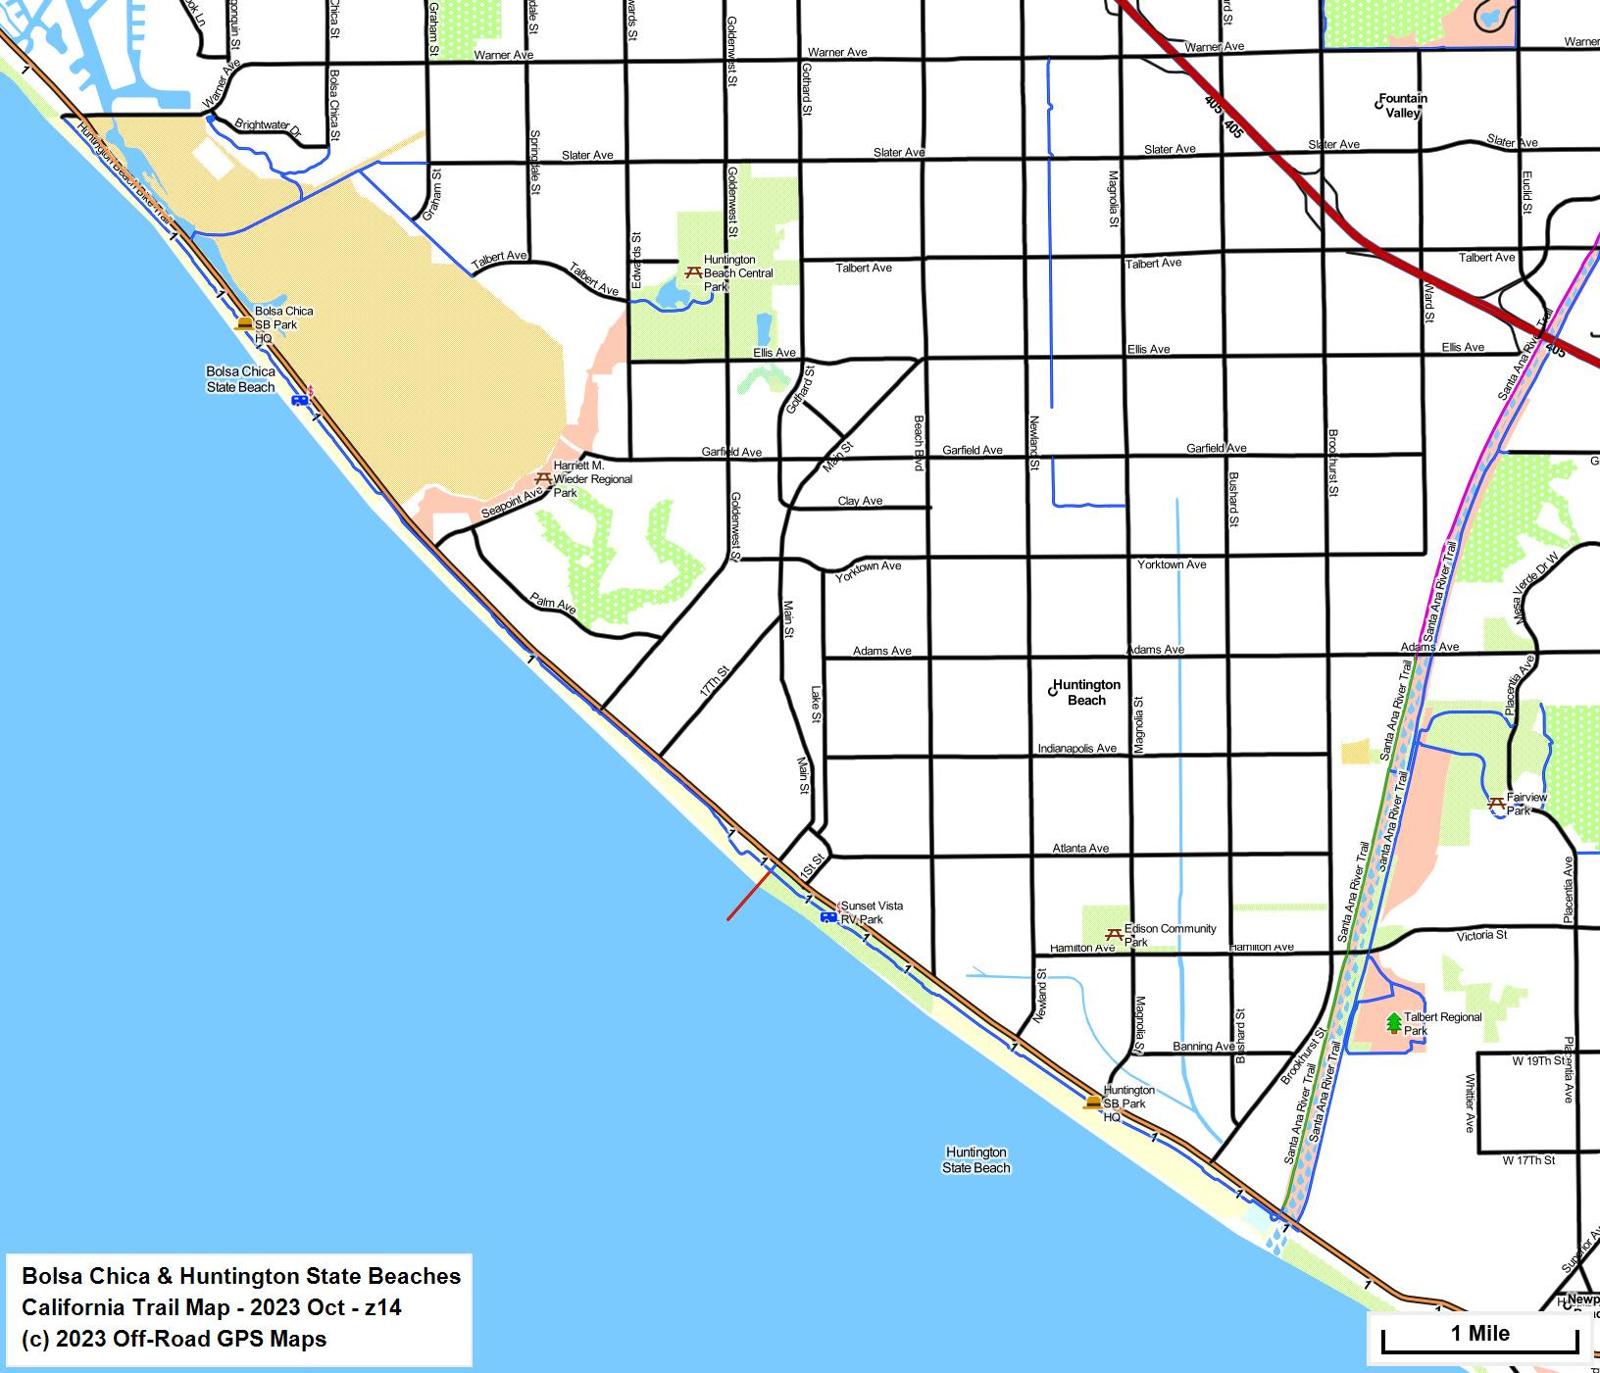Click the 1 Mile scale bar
pyautogui.click(x=1479, y=1335)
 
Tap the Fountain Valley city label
pyautogui.click(x=1402, y=105)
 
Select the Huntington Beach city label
pyautogui.click(x=1085, y=692)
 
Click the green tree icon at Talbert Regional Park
pyautogui.click(x=1393, y=1022)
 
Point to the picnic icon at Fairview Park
pyautogui.click(x=1496, y=804)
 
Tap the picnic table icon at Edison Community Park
pyautogui.click(x=1113, y=935)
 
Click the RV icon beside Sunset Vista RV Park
pyautogui.click(x=828, y=916)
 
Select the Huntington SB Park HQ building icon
pyautogui.click(x=1092, y=1103)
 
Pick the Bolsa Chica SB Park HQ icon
pyautogui.click(x=244, y=322)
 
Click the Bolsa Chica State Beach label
pyautogui.click(x=240, y=379)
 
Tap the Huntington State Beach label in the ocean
pyautogui.click(x=975, y=1159)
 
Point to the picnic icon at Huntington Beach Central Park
pyautogui.click(x=692, y=271)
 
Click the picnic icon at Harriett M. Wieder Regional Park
pyautogui.click(x=542, y=478)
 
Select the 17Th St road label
pyautogui.click(x=714, y=681)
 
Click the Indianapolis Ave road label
pyautogui.click(x=1076, y=748)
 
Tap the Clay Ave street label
pyautogui.click(x=860, y=501)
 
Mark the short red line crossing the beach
pyautogui.click(x=748, y=895)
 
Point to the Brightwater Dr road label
pyautogui.click(x=267, y=125)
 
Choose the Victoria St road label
pyautogui.click(x=1480, y=935)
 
